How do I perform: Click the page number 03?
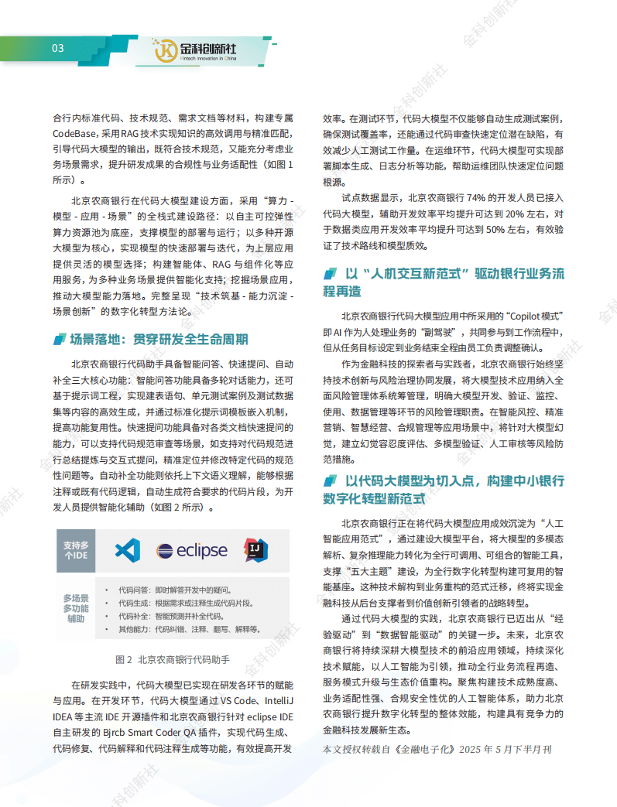click(x=57, y=48)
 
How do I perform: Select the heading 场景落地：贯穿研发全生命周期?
click(x=159, y=339)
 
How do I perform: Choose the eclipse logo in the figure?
click(x=192, y=551)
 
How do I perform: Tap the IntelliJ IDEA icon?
click(x=256, y=550)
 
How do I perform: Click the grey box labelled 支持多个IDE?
click(x=76, y=550)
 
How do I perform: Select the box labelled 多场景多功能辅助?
click(x=76, y=608)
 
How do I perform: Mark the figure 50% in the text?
click(x=497, y=229)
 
